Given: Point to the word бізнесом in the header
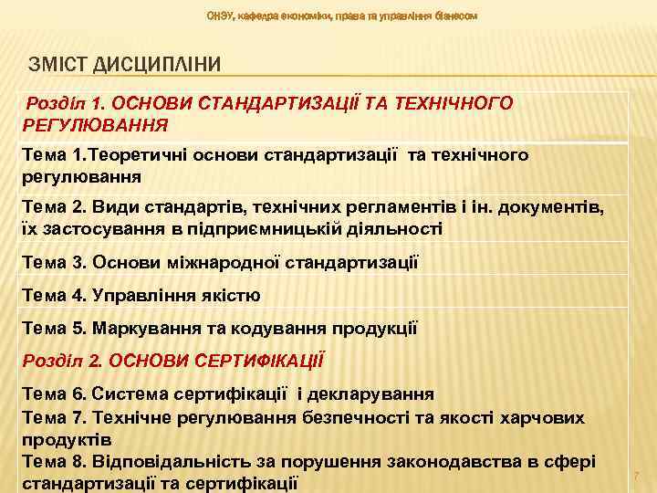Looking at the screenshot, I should click(x=454, y=16).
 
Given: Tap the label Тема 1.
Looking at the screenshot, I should click(x=55, y=156).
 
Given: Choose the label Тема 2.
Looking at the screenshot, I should click(x=55, y=208).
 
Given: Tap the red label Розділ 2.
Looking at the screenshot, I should click(x=61, y=360).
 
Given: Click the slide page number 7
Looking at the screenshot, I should click(x=637, y=476).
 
